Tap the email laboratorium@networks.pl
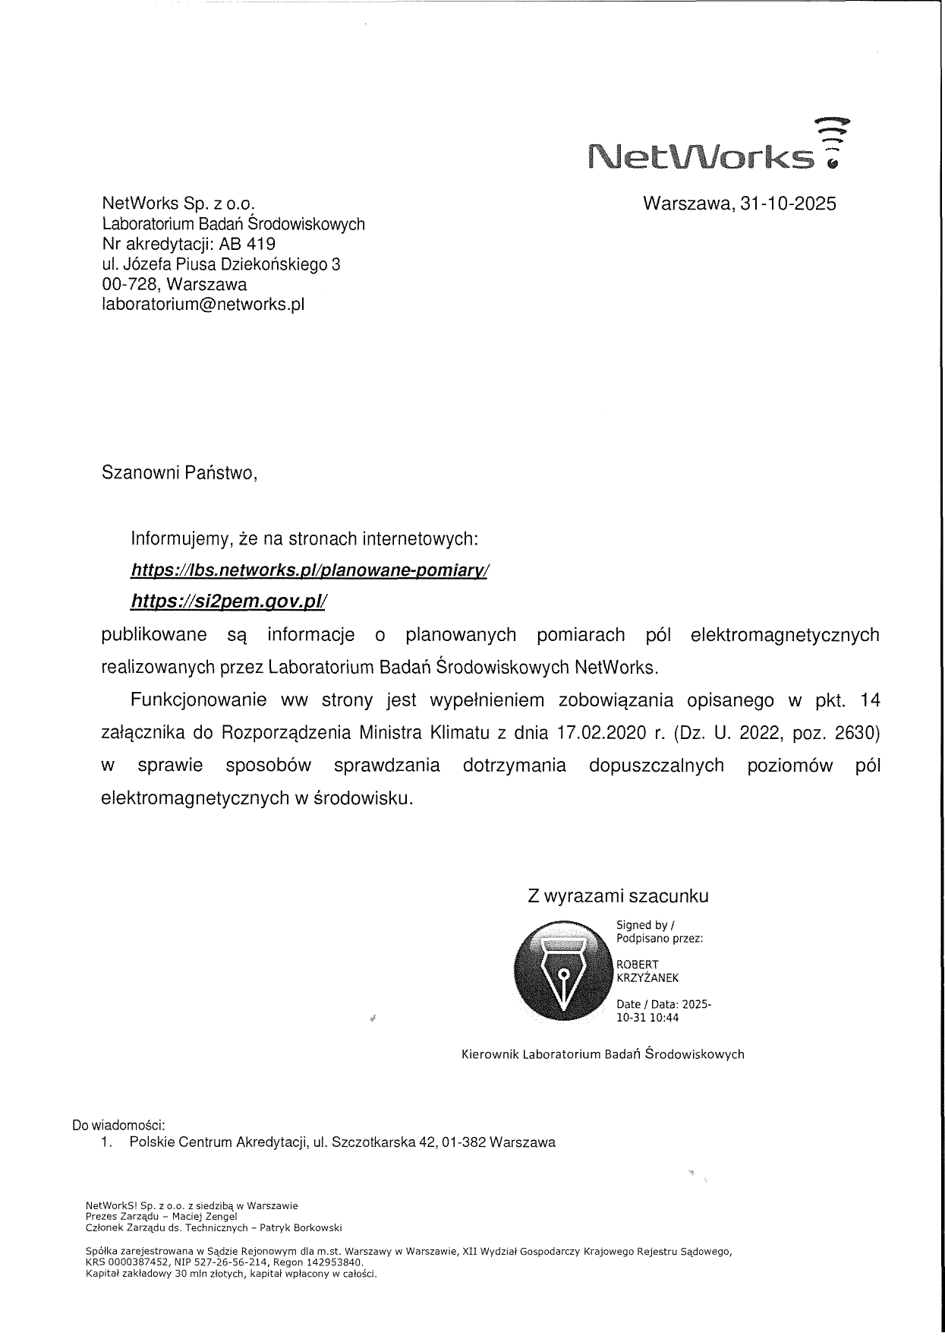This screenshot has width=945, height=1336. (x=203, y=305)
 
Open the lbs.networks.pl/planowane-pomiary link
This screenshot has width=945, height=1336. (x=310, y=570)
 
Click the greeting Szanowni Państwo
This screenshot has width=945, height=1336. (x=179, y=473)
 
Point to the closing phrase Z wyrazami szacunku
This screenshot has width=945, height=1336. (x=618, y=896)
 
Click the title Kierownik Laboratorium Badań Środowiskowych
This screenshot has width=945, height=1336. (x=603, y=1054)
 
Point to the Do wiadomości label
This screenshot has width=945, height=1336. (x=118, y=1125)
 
